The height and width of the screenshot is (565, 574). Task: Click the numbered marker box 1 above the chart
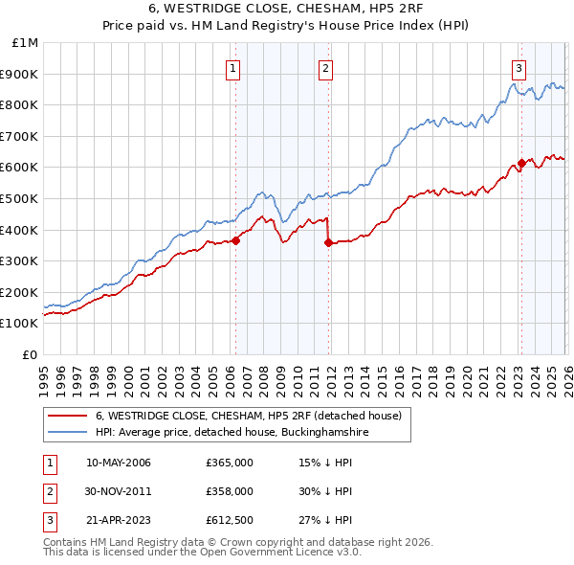tap(234, 68)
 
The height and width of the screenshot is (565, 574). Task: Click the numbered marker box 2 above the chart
tap(326, 68)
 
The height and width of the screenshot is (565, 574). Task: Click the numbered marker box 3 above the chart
tap(519, 68)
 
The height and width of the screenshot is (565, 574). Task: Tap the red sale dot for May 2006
tap(235, 241)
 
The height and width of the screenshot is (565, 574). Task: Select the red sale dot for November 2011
tap(329, 243)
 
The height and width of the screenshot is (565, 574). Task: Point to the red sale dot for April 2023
tap(521, 163)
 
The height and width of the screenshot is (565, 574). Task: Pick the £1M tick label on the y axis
tap(25, 43)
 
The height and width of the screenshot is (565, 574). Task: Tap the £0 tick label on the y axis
tap(30, 354)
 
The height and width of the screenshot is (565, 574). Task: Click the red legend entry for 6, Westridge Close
tap(254, 417)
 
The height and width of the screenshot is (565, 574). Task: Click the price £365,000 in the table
tap(229, 463)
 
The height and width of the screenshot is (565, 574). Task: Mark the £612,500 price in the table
tap(229, 520)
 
